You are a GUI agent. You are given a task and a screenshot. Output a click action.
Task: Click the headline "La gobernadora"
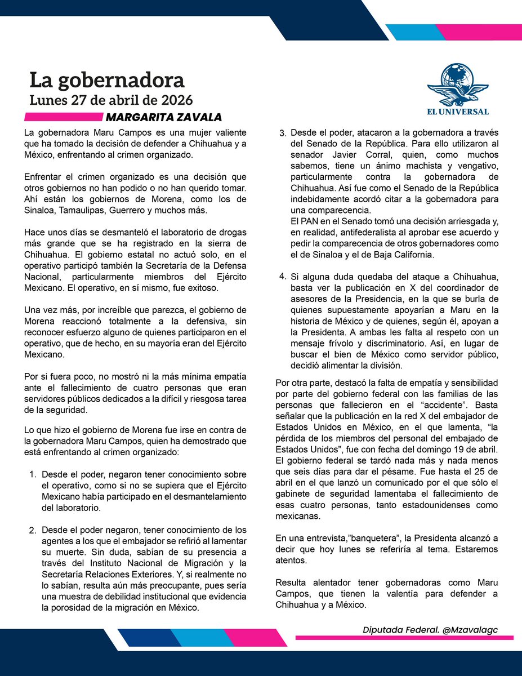tap(107, 80)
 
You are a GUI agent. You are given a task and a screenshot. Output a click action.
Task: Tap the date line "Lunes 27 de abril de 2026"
tap(111, 100)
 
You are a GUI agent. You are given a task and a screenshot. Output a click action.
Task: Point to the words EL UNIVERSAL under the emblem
tap(457, 112)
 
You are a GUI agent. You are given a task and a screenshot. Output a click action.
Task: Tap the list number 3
tap(283, 134)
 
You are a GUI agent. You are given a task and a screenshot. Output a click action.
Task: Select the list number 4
tap(283, 276)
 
